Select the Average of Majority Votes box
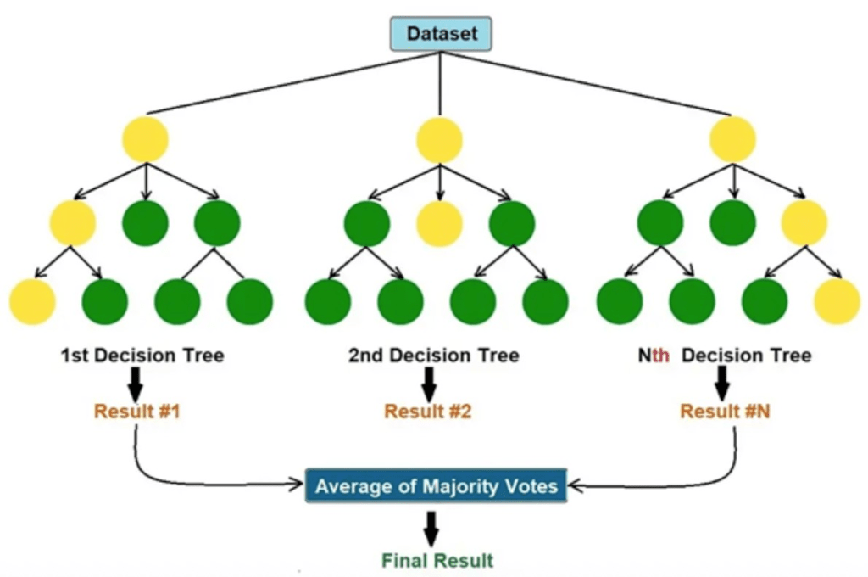(x=437, y=486)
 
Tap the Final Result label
(x=437, y=560)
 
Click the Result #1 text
(x=136, y=412)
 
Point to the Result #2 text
(x=428, y=412)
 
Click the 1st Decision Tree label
(x=142, y=356)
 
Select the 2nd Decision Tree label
(x=433, y=356)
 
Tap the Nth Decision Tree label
(x=725, y=356)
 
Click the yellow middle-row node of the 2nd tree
(x=440, y=224)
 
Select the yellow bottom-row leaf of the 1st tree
(x=32, y=301)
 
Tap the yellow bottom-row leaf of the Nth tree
(x=837, y=301)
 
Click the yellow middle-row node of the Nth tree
(x=804, y=224)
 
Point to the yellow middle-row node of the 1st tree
(x=73, y=224)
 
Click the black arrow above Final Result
(x=431, y=528)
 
